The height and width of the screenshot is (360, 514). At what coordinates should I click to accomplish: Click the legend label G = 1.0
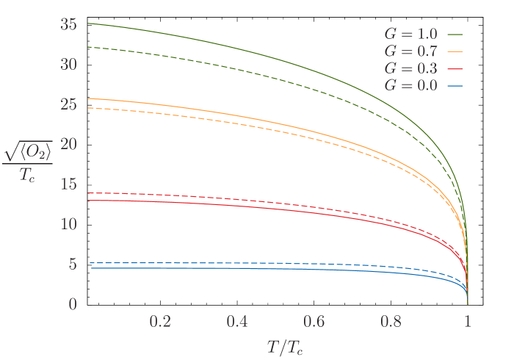click(x=411, y=34)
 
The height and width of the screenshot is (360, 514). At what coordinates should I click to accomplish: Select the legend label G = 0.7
click(x=411, y=51)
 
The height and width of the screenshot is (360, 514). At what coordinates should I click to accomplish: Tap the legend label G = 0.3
click(x=411, y=68)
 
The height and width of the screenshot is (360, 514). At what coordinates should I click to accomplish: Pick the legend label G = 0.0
click(x=411, y=85)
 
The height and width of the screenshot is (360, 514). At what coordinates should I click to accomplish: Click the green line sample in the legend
click(x=455, y=34)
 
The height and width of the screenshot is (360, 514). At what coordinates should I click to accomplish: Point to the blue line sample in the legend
click(x=455, y=85)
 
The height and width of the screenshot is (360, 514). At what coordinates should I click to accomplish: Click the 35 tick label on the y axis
click(x=70, y=24)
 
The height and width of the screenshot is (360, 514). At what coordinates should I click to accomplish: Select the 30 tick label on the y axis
click(x=70, y=64)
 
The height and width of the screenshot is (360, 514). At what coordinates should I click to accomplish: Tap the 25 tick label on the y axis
click(x=70, y=104)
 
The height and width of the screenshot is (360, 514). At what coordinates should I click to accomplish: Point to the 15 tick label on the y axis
click(x=70, y=184)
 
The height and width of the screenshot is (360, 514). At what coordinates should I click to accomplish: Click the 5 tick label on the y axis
click(x=73, y=264)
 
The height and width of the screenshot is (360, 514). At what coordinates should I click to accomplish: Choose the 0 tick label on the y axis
click(x=73, y=303)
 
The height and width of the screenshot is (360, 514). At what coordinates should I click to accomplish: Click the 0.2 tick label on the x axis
click(x=160, y=323)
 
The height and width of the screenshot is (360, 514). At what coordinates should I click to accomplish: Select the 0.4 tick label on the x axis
click(x=237, y=323)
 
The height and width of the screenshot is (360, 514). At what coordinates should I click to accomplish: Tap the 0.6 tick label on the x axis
click(x=314, y=323)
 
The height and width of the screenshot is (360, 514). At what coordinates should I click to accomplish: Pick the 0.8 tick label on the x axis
click(x=391, y=323)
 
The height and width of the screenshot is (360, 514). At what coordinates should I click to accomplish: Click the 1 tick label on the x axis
click(x=468, y=323)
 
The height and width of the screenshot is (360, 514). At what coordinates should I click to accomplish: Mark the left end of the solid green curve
click(x=87, y=24)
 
